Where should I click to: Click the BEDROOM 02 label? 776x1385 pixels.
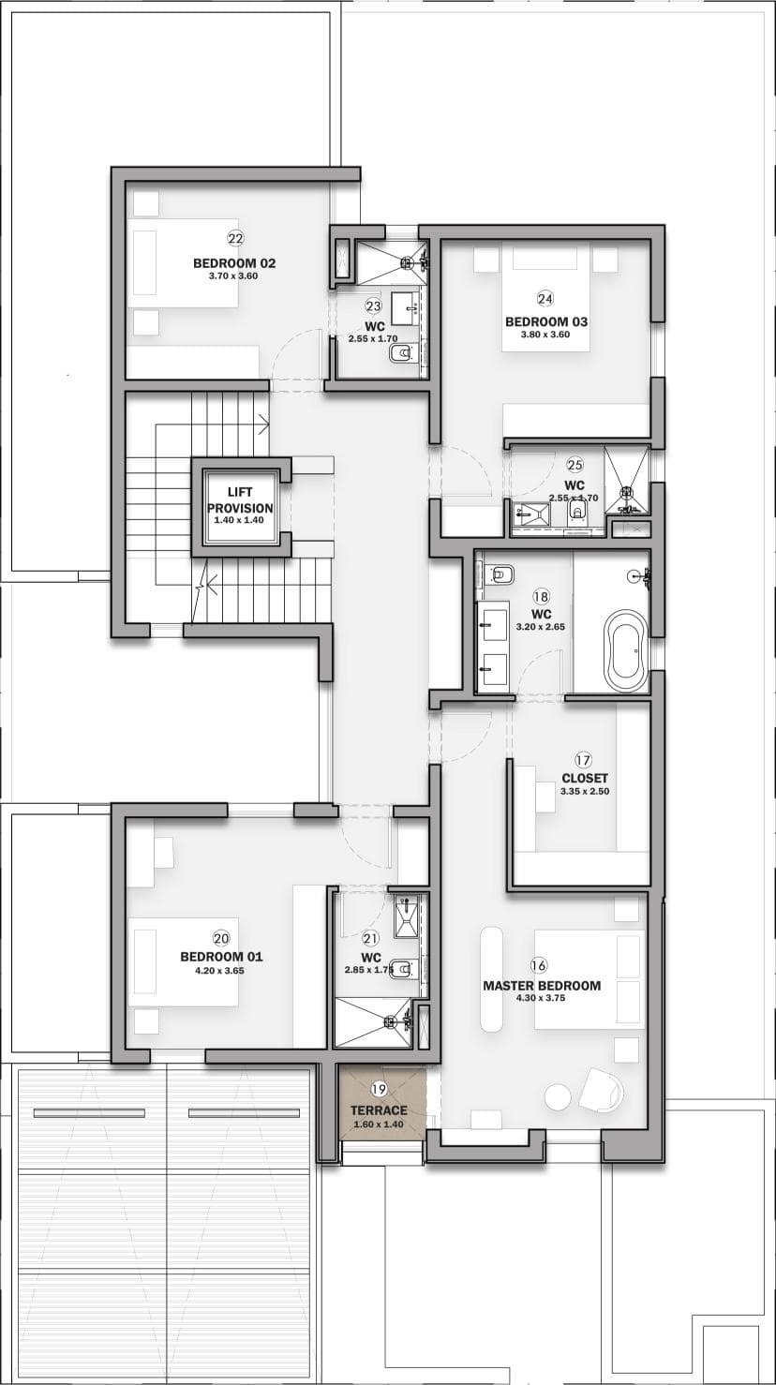point(234,262)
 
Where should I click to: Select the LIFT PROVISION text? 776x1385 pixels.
point(240,500)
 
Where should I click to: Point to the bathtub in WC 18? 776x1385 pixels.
point(627,651)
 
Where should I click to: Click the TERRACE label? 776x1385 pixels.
point(379,1110)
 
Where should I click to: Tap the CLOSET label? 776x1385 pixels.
point(584,779)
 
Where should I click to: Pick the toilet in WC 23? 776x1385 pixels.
point(401,354)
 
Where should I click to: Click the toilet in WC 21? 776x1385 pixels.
point(404,967)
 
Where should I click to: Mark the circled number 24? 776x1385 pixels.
point(545,299)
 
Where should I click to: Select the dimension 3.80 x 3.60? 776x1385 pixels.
point(545,335)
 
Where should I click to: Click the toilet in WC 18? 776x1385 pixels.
point(502,574)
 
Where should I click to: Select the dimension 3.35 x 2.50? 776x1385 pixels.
point(584,791)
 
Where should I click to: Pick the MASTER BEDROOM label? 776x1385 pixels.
point(542,985)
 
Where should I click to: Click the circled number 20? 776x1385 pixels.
point(221,939)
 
